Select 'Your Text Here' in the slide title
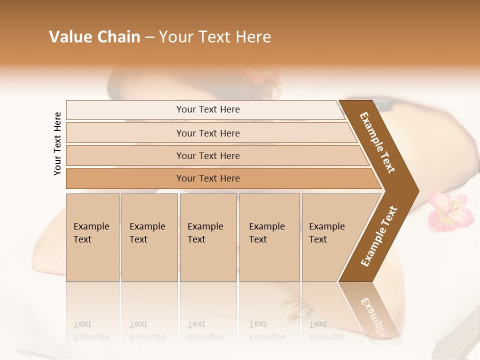215,37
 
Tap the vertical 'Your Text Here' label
57,143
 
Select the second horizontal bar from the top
208,133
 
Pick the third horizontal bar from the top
208,155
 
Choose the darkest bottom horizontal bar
208,178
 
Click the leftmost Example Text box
92,237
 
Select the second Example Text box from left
149,237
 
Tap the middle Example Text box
208,237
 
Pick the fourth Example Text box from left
269,237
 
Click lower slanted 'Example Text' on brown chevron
379,236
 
